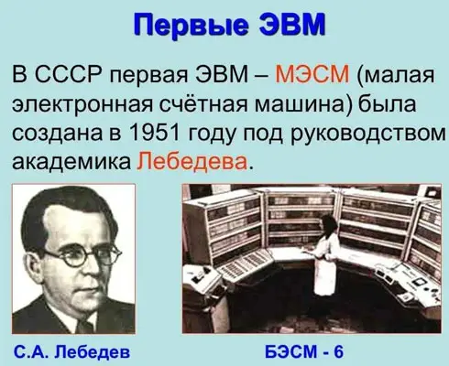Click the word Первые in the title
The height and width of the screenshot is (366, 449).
coord(191,26)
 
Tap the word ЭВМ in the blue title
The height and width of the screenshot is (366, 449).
coord(292,24)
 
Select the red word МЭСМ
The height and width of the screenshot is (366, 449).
coord(312,74)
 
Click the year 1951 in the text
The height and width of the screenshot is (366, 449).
coord(154,133)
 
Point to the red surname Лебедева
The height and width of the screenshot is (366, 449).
coord(192,161)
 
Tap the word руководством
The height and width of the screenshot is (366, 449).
coord(368,135)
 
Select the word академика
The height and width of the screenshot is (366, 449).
coord(71,162)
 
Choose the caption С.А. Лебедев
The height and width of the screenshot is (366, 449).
coord(72,352)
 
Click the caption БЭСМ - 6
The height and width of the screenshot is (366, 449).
coord(304,351)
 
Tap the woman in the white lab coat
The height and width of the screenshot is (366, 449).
coord(326,254)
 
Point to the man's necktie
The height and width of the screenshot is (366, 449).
coord(85,327)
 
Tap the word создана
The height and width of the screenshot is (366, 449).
coord(58,134)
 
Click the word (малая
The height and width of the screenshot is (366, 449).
coord(395,75)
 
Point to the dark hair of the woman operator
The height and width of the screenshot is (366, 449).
coord(329,223)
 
